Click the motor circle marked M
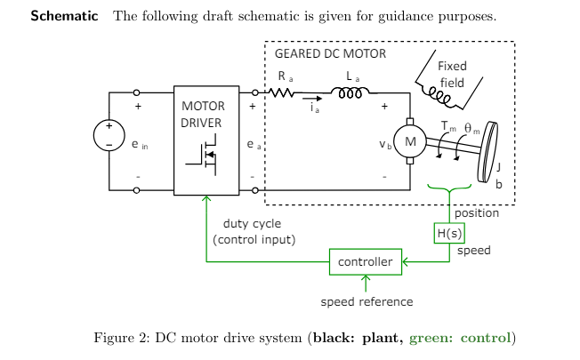point(410,140)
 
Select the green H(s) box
point(448,233)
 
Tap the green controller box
point(366,262)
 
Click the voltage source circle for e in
point(109,135)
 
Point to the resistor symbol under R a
point(281,92)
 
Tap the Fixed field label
point(452,74)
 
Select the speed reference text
point(367,301)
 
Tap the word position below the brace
point(477,212)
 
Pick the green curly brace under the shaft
point(448,190)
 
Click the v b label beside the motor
point(385,142)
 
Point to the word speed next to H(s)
point(474,251)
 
